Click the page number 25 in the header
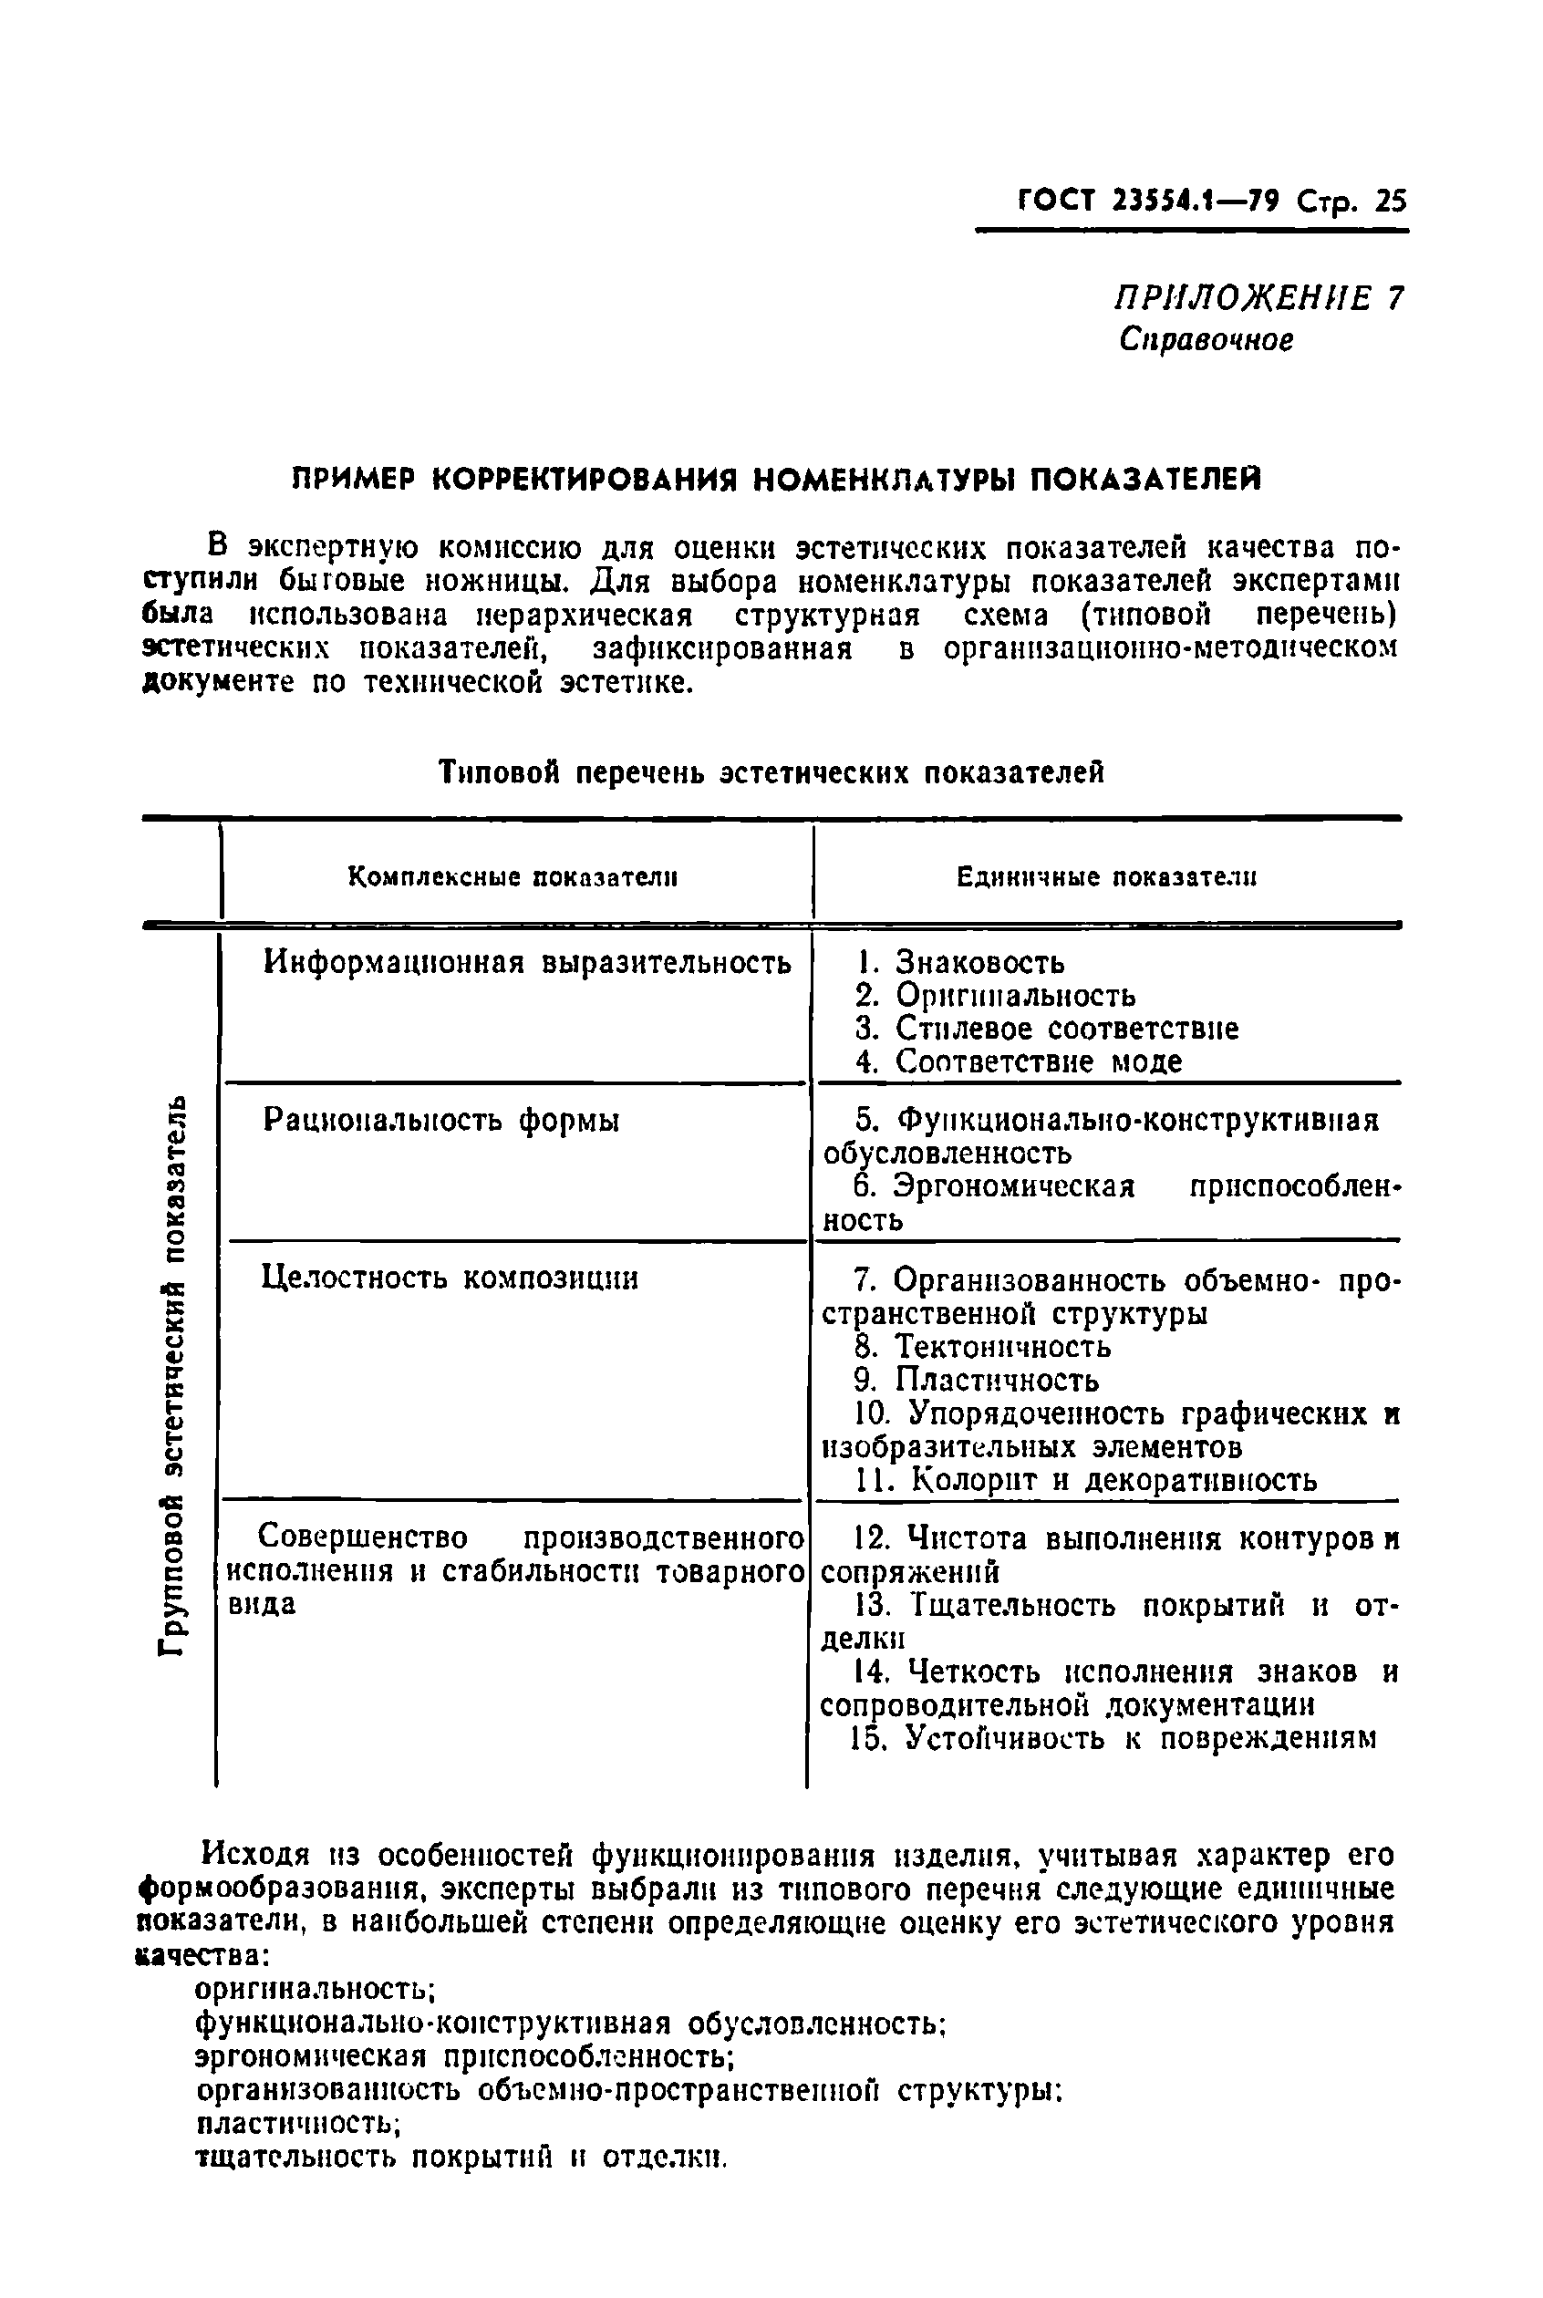(x=1390, y=202)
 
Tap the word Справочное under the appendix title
(x=1206, y=339)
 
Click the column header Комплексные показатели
(x=513, y=876)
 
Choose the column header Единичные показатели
(x=1106, y=876)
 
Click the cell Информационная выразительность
(x=526, y=962)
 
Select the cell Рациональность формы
(x=440, y=1120)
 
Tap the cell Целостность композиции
(x=450, y=1278)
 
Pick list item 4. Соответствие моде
(x=1019, y=1061)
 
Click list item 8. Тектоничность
(x=983, y=1346)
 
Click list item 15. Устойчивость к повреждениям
(x=1112, y=1738)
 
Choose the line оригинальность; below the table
(x=315, y=1988)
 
